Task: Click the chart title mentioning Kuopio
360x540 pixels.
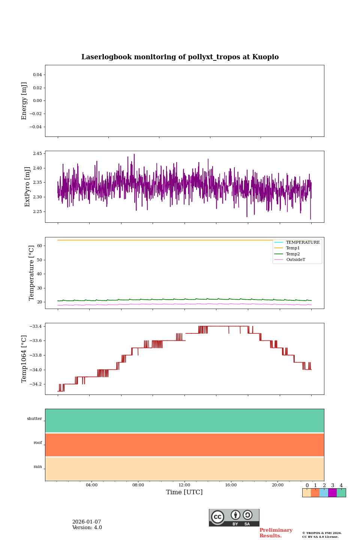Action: point(180,57)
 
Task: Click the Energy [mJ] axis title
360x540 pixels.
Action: point(24,101)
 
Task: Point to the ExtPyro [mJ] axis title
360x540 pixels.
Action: point(27,187)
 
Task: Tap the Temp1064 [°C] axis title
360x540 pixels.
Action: point(24,359)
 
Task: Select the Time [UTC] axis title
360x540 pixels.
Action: point(184,492)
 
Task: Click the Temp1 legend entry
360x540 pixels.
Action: point(293,248)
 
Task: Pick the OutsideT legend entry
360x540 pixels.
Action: point(295,260)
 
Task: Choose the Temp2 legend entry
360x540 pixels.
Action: point(293,254)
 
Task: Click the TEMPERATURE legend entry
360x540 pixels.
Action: point(303,242)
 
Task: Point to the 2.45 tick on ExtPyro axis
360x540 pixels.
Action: point(37,154)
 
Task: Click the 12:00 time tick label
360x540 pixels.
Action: point(184,485)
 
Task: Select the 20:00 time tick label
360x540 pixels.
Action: point(277,485)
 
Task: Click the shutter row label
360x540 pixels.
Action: point(34,419)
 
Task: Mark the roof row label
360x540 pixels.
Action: point(38,443)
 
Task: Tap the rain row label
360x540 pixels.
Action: point(38,467)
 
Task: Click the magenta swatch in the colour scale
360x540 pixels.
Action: point(332,493)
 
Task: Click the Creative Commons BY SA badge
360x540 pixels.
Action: point(234,517)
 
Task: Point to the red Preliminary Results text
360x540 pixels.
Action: point(276,533)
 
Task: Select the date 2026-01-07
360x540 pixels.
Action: point(87,522)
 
